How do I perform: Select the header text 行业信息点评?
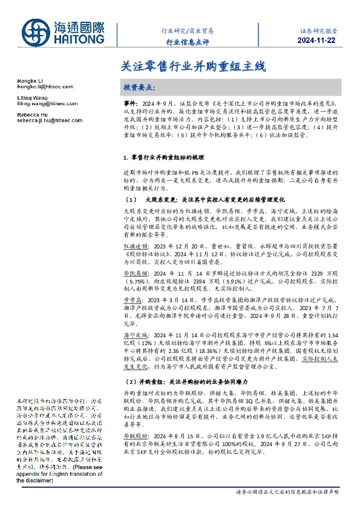point(187,41)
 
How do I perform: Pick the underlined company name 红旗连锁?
point(135,247)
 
